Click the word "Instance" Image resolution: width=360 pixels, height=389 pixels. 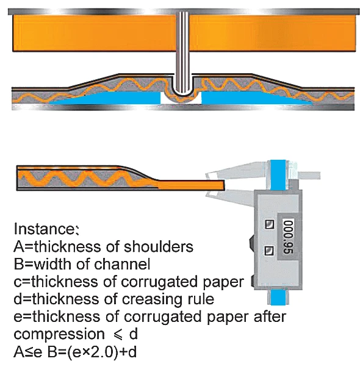tap(44, 229)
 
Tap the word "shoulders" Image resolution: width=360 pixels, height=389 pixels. tap(159, 246)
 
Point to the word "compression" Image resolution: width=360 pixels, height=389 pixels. tap(59, 334)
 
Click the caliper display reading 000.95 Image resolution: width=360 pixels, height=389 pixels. tap(288, 237)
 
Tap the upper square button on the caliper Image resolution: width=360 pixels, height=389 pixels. tap(269, 224)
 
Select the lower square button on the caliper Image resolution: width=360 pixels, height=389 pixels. tap(269, 251)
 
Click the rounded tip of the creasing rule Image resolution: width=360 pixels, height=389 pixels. tap(182, 91)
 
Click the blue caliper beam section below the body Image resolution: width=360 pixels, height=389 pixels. tap(278, 297)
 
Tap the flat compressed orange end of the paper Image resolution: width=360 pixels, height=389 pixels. tap(191, 185)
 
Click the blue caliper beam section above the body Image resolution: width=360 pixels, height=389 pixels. tap(278, 174)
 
